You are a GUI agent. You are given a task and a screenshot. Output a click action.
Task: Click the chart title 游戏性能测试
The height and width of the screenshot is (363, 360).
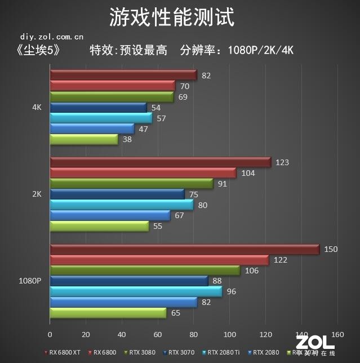[x=171, y=17]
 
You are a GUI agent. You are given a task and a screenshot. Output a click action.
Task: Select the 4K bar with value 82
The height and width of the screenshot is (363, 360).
[x=123, y=76]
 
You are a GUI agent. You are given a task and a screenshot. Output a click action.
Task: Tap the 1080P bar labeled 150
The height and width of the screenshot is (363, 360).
[x=184, y=250]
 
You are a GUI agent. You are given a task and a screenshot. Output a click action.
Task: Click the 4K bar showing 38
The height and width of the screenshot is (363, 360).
[x=83, y=139]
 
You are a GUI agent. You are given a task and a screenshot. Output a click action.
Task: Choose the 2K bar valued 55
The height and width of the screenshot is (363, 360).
[x=99, y=227]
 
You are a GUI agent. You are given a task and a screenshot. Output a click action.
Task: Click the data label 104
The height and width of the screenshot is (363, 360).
[x=248, y=173]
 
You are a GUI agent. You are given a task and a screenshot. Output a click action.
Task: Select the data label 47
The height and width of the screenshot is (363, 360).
[x=144, y=129]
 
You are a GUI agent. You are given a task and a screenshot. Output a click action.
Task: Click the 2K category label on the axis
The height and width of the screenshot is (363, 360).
[x=37, y=194]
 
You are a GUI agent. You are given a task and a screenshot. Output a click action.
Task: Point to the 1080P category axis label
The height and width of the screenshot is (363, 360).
[x=30, y=281]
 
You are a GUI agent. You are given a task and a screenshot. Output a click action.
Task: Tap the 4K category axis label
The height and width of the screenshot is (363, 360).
[x=37, y=107]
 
